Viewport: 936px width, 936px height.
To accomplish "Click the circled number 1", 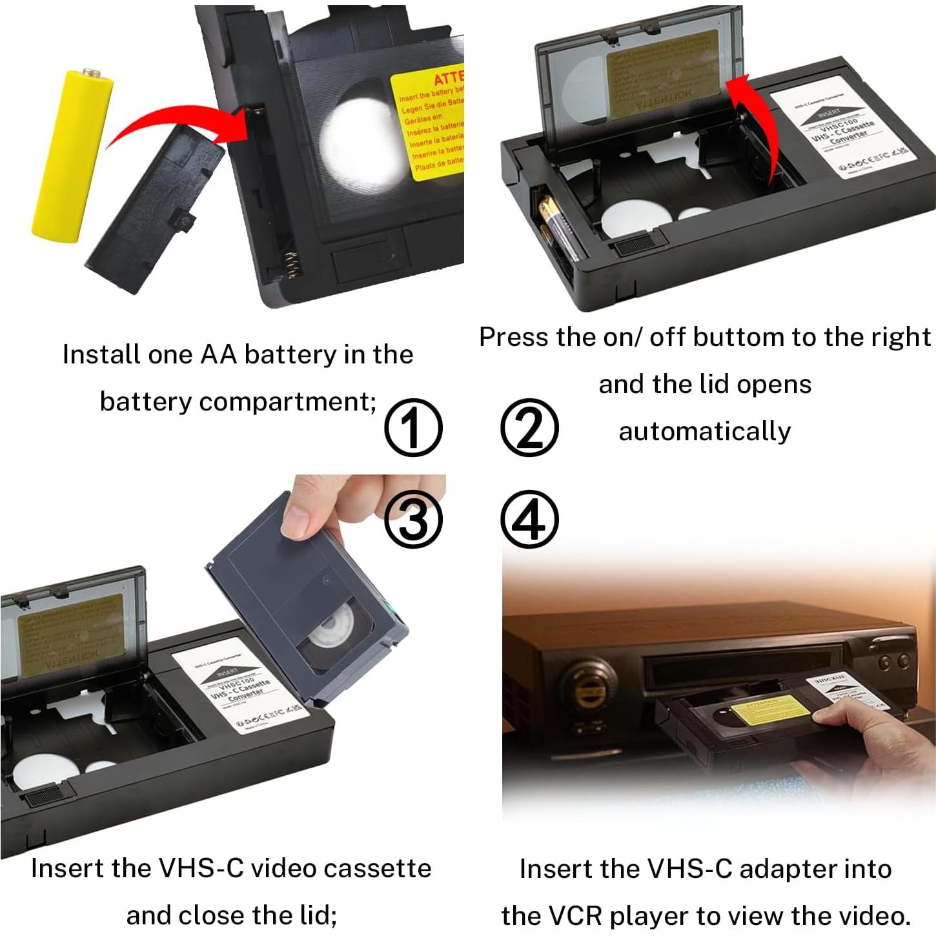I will click(x=413, y=428).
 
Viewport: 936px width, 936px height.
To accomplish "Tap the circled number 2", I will click(x=529, y=428).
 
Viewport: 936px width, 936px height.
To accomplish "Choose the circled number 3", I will click(x=413, y=520).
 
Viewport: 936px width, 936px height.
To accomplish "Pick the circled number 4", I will click(x=529, y=520).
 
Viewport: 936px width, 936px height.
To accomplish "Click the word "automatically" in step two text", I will click(x=704, y=431).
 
